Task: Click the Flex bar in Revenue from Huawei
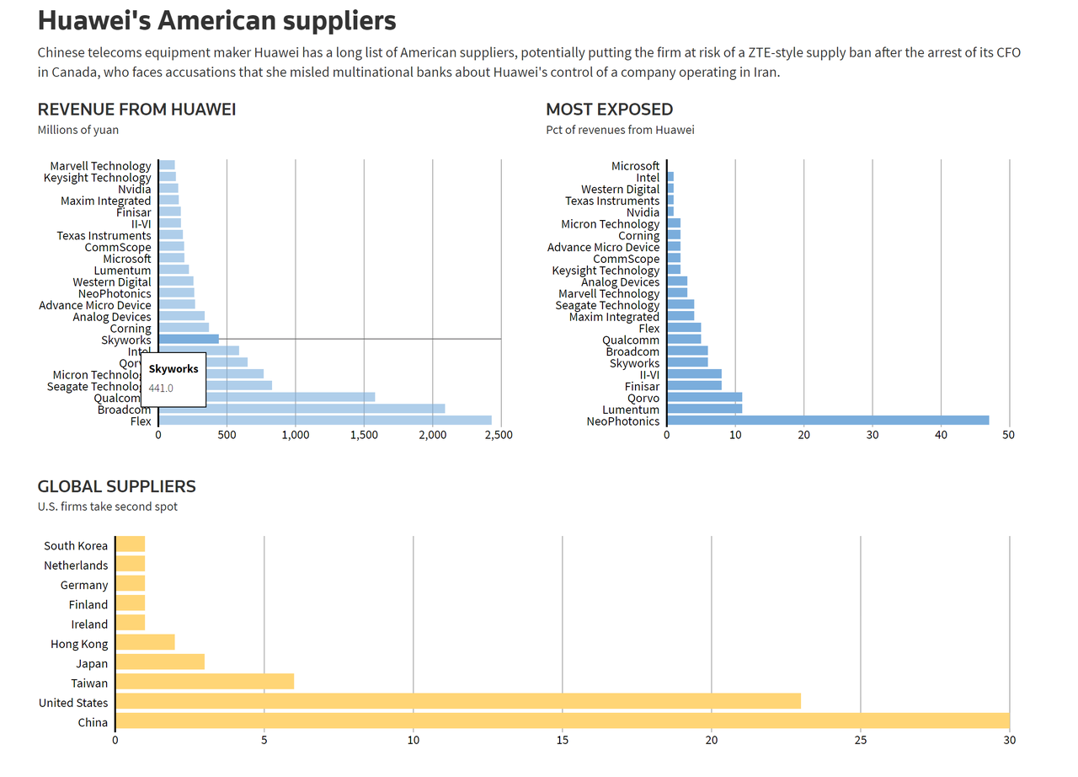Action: point(324,421)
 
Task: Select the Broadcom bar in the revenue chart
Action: point(302,409)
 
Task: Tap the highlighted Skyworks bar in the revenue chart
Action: point(189,340)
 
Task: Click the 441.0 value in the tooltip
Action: point(161,388)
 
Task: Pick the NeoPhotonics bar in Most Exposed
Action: point(828,421)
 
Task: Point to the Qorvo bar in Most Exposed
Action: point(704,398)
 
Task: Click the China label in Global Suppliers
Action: point(93,722)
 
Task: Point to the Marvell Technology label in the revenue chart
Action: point(100,166)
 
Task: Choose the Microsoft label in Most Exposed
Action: point(635,166)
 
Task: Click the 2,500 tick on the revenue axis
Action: point(499,435)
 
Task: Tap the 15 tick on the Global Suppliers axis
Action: point(562,741)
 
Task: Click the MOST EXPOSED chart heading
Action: point(609,110)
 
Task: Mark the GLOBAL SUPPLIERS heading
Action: point(116,486)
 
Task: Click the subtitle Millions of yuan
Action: point(78,130)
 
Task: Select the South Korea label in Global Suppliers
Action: point(76,546)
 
